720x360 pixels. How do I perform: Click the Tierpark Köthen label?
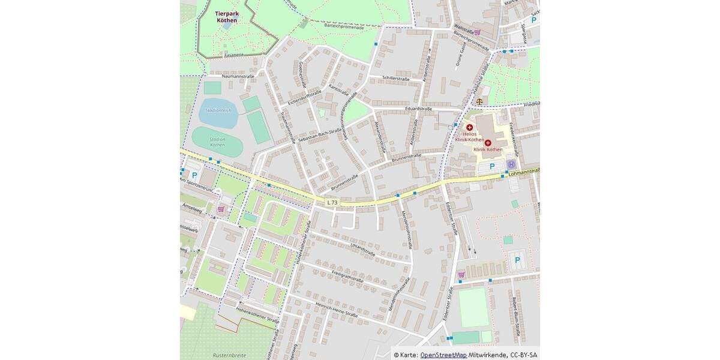click(x=226, y=16)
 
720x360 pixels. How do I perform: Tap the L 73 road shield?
click(x=332, y=203)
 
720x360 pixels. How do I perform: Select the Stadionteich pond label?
click(x=218, y=110)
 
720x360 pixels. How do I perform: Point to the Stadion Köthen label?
click(x=217, y=142)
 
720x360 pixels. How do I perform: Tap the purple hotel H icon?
click(x=511, y=164)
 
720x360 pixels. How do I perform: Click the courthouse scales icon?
click(x=479, y=101)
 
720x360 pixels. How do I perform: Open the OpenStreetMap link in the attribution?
click(x=443, y=355)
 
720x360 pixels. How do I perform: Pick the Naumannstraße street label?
click(x=238, y=76)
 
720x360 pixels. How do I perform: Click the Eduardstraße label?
click(x=419, y=109)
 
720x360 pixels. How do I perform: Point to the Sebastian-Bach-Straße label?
click(x=319, y=135)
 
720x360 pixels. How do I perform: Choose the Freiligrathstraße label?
click(x=347, y=276)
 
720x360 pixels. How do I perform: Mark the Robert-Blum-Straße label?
click(x=515, y=309)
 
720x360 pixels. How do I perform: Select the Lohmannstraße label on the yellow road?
click(x=523, y=172)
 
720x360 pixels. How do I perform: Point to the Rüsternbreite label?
click(x=229, y=355)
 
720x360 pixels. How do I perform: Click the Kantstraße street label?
click(x=339, y=89)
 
